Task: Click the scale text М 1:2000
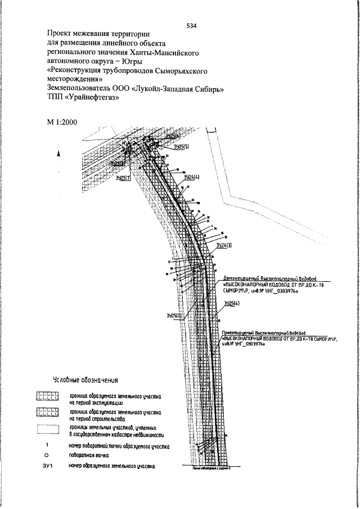click(x=62, y=122)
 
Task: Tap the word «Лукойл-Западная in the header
click(x=167, y=89)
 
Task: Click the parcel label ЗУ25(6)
click(x=172, y=136)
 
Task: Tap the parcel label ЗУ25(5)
click(x=181, y=147)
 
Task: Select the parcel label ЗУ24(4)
click(x=192, y=177)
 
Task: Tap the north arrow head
click(x=58, y=153)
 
